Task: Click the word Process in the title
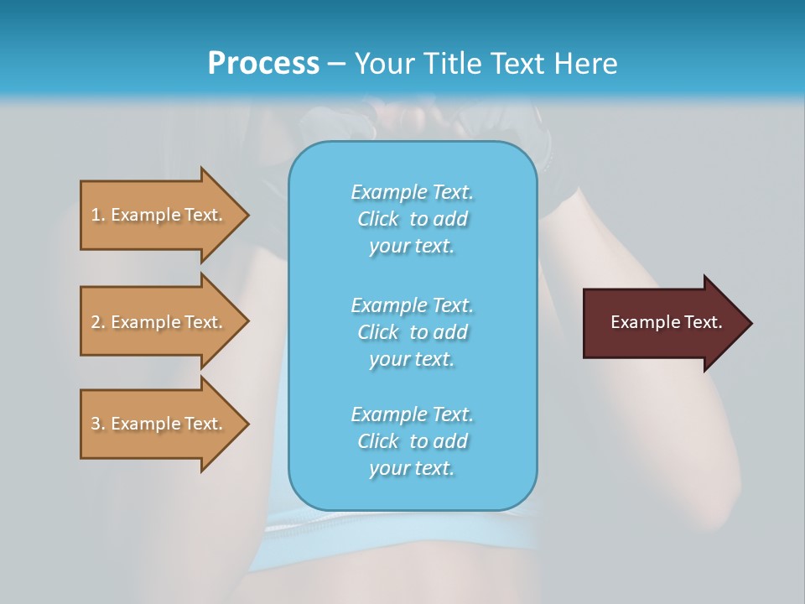pos(263,63)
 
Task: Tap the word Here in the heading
pos(584,63)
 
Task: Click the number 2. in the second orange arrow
pos(97,322)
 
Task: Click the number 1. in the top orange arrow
pos(97,215)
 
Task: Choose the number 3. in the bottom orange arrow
pos(97,424)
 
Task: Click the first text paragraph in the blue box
pos(412,219)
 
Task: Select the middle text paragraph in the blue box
pos(412,332)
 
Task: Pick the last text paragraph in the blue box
pos(412,441)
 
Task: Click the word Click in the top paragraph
pos(378,219)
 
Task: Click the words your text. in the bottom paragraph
pos(412,468)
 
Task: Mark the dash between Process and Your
pos(337,64)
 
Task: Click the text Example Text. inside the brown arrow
pos(666,322)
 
